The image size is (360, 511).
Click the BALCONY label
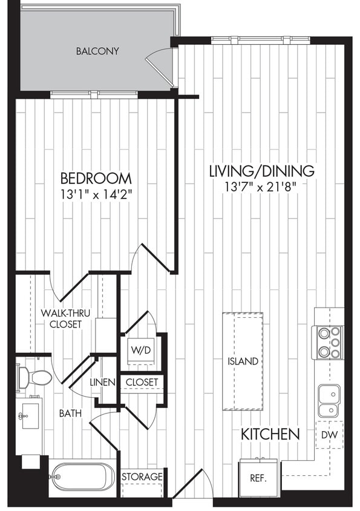tap(97, 51)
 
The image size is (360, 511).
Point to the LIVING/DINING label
tap(261, 171)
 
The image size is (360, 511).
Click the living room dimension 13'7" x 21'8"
tap(261, 186)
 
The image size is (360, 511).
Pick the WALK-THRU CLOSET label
tap(61, 318)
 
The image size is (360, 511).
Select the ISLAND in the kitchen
tap(243, 361)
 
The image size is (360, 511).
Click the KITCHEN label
tap(270, 434)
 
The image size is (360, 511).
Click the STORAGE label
tap(142, 477)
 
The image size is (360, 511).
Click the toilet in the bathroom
tap(35, 378)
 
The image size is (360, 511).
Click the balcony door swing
tap(160, 64)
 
